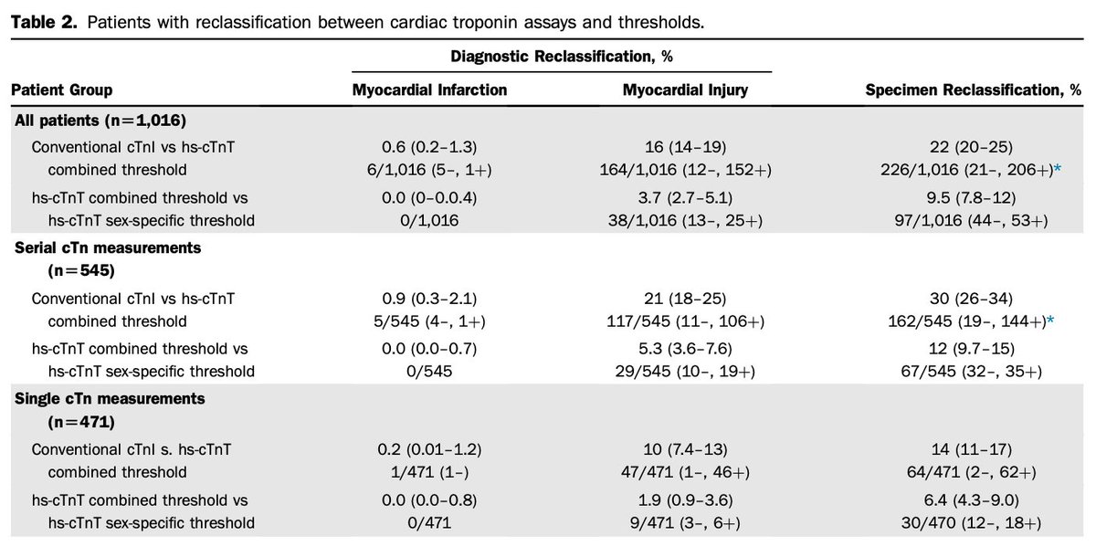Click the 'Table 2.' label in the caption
pos(36,22)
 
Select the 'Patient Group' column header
pos(61,90)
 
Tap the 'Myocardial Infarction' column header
pos(429,90)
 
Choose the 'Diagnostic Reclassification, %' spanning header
pos(562,57)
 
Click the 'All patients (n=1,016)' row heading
pos(100,120)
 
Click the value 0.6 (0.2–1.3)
pos(429,146)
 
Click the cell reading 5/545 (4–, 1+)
pos(429,321)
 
